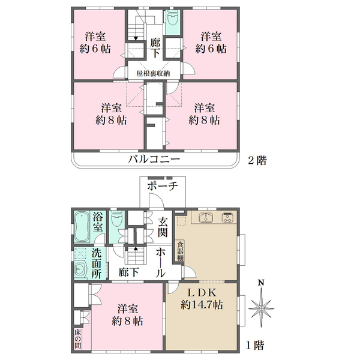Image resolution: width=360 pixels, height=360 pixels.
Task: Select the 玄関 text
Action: [x=163, y=227]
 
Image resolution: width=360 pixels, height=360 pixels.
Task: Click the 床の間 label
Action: [x=77, y=336]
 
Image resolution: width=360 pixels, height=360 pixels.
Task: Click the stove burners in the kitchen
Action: [x=228, y=217]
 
